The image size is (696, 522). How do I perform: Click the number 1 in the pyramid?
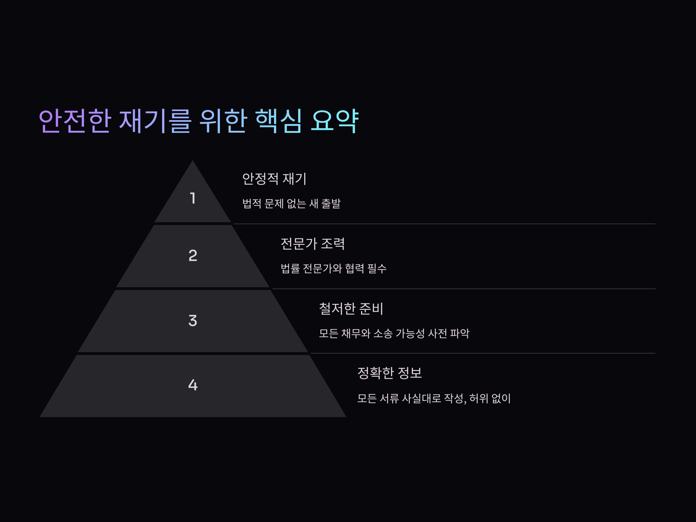193,198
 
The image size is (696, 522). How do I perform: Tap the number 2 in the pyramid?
193,255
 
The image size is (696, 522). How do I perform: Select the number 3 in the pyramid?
193,321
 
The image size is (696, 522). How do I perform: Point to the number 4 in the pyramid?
193,385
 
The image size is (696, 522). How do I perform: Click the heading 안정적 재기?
274,179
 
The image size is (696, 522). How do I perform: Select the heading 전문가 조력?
312,244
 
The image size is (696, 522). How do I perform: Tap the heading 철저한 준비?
351,309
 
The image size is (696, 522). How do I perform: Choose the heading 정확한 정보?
389,373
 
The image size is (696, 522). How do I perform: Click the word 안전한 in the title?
75,121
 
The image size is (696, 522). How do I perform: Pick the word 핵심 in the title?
278,121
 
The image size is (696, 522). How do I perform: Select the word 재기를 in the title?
155,121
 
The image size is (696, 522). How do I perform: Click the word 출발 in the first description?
331,204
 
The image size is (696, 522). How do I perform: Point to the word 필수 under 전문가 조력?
377,268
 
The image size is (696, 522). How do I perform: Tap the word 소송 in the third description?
383,333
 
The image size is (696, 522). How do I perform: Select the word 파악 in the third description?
460,333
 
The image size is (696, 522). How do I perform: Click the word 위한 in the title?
223,121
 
